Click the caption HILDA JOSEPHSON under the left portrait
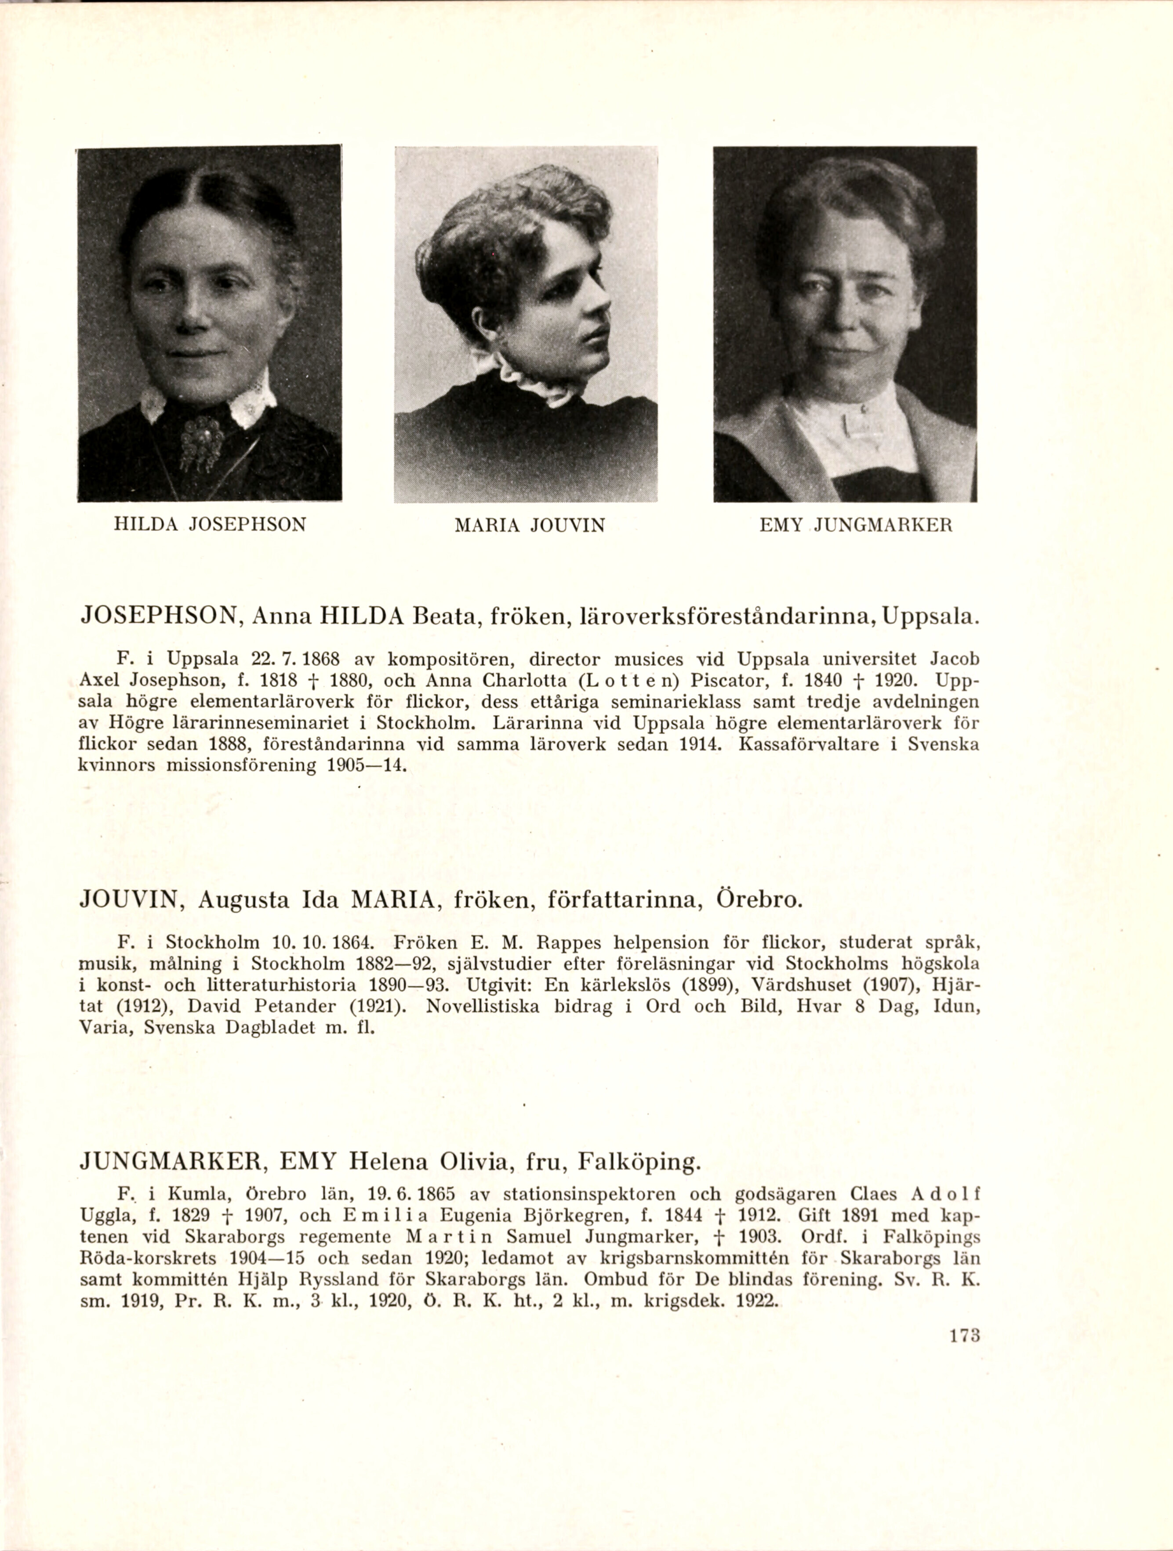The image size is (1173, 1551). [x=210, y=525]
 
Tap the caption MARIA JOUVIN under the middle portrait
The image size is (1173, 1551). [x=530, y=525]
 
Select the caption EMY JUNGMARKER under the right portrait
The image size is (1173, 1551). [x=856, y=525]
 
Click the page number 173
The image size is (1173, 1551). [x=963, y=1336]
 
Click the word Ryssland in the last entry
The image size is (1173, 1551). [x=322, y=1279]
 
